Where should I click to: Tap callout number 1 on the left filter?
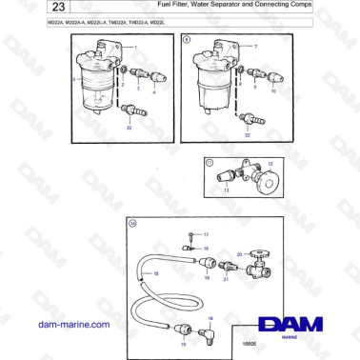pyautogui.click(x=135, y=47)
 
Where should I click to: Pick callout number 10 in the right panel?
pyautogui.click(x=273, y=91)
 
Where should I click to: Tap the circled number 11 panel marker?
pyautogui.click(x=209, y=164)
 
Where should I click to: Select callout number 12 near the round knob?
pyautogui.click(x=270, y=164)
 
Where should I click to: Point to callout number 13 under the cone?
pyautogui.click(x=227, y=190)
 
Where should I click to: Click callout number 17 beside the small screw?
pyautogui.click(x=207, y=233)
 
